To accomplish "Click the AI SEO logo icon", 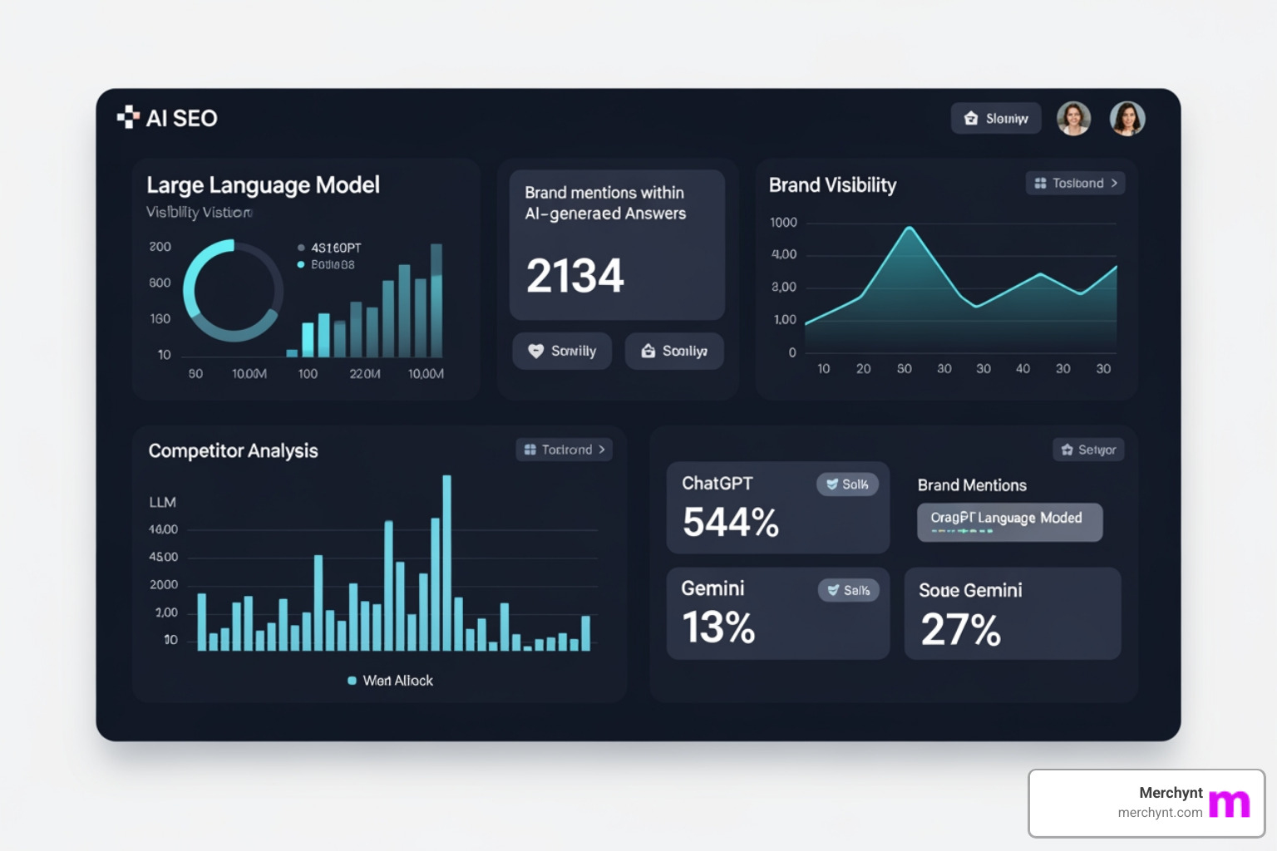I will point(128,117).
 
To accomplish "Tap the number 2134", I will point(574,276).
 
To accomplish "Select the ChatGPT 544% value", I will point(730,523).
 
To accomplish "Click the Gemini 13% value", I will point(718,627).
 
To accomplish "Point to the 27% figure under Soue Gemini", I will point(960,629).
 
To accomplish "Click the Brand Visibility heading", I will point(832,185).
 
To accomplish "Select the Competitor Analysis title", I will point(233,450).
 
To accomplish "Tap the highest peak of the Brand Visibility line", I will point(910,228).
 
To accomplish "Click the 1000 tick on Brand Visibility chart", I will point(783,223).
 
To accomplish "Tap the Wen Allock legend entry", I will point(390,681).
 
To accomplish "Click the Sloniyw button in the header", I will point(995,119).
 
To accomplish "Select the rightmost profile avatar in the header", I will point(1127,119).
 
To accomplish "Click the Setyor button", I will point(1088,450).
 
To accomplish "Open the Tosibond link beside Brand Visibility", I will point(1075,183).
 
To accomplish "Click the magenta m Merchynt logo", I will point(1229,804).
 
